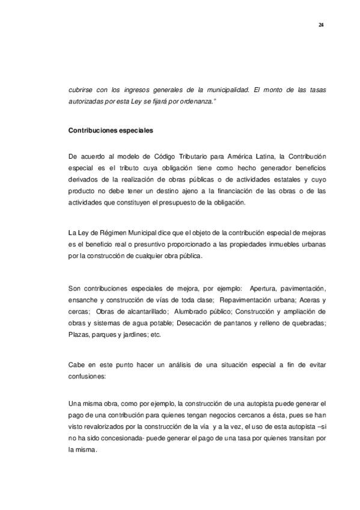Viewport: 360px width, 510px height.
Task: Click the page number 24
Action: coord(321,24)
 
